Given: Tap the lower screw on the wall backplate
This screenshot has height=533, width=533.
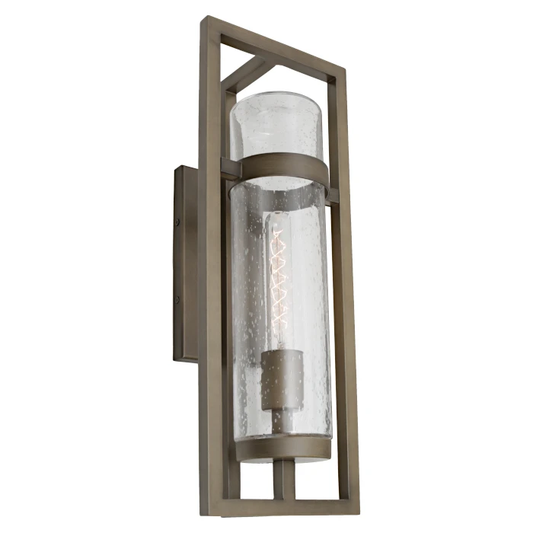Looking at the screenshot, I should click(178, 298).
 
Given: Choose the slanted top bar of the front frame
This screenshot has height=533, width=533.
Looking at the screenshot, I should click(274, 46).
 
